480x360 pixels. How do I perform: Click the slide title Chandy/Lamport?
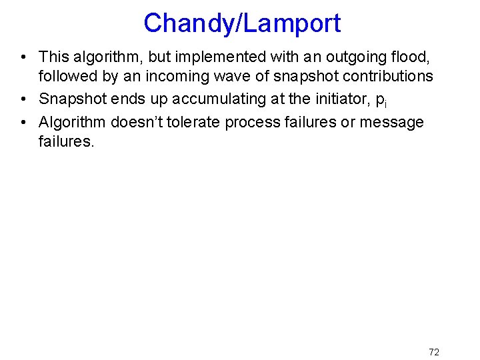(x=241, y=23)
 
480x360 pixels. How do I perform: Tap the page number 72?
(x=433, y=352)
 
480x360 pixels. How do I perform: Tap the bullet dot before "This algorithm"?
(x=23, y=57)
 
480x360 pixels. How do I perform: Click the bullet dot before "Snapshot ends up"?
(x=23, y=99)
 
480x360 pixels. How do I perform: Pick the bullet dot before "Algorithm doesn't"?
(x=23, y=122)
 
